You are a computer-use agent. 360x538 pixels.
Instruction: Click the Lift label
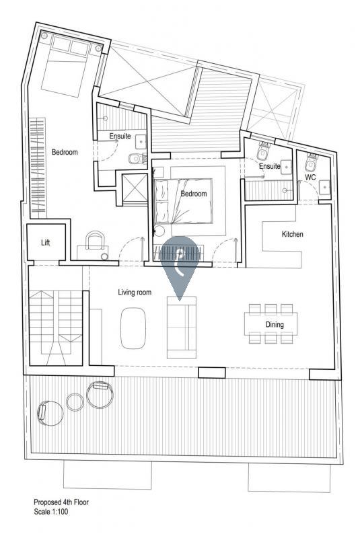click(x=46, y=243)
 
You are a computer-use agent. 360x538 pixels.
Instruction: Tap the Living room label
click(x=135, y=293)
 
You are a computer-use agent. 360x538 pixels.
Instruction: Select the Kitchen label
click(x=293, y=234)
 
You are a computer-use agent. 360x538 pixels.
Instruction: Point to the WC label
click(x=310, y=178)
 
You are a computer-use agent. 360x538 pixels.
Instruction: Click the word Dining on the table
click(x=275, y=324)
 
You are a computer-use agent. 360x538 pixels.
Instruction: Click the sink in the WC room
click(x=324, y=187)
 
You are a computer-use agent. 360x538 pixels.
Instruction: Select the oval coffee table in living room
click(x=133, y=328)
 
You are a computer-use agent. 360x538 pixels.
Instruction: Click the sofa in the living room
click(x=182, y=328)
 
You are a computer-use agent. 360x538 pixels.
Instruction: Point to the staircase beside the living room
click(x=56, y=328)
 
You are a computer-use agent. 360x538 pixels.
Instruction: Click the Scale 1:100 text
click(x=50, y=512)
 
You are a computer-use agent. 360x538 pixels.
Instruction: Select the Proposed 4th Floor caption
click(x=61, y=502)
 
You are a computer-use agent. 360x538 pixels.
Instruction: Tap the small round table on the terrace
click(x=75, y=402)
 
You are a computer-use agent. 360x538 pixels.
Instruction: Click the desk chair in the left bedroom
click(x=95, y=240)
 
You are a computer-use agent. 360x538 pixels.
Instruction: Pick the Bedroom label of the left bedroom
click(x=65, y=152)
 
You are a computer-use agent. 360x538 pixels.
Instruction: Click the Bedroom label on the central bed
click(x=194, y=194)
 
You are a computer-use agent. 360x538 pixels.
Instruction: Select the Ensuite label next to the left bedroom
click(x=120, y=137)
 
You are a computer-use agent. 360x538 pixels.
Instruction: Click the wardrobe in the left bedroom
click(x=38, y=168)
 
